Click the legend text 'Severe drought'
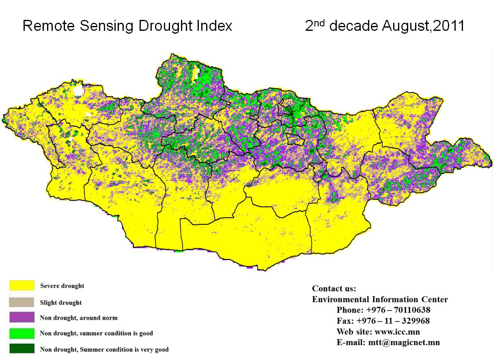62,286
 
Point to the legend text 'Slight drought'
61,303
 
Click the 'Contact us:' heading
334,289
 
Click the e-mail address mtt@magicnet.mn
404,342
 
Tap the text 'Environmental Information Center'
380,300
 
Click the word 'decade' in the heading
353,26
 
